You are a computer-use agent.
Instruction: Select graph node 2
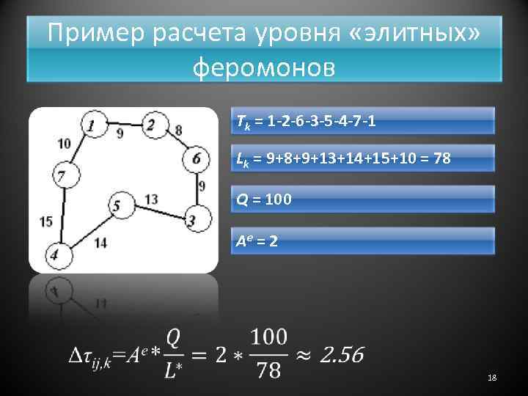tap(152, 125)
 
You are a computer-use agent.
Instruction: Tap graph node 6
tap(196, 158)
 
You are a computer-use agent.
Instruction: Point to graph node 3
tap(193, 219)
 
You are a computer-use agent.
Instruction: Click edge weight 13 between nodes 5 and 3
tap(153, 199)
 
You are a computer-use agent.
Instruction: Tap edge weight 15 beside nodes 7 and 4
tap(45, 220)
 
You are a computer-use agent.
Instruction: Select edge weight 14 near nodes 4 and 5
tap(100, 243)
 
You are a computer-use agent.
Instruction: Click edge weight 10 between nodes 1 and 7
tap(64, 144)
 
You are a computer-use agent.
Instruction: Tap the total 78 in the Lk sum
tap(441, 159)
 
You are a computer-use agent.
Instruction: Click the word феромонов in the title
tap(263, 67)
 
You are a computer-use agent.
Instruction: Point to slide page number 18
tap(492, 377)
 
